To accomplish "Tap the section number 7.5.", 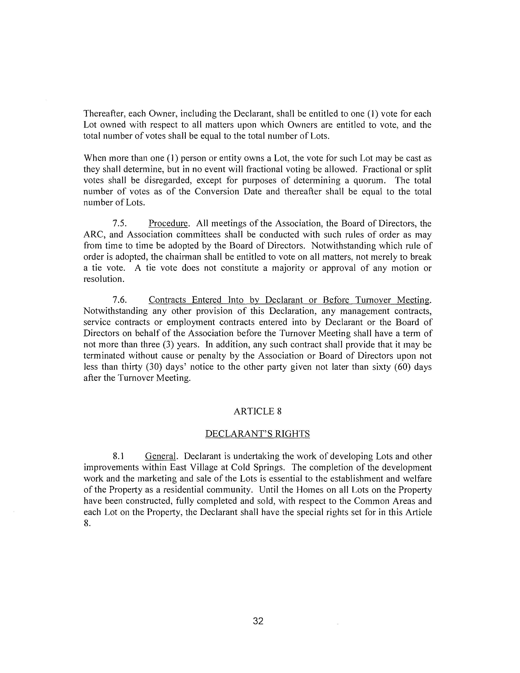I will click(x=120, y=223).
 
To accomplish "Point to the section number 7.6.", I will click(x=120, y=300).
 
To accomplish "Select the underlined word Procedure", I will click(x=168, y=223).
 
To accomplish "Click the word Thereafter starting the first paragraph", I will click(x=104, y=114).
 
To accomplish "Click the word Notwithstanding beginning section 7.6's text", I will click(x=115, y=311).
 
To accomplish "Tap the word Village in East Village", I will click(x=203, y=467).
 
